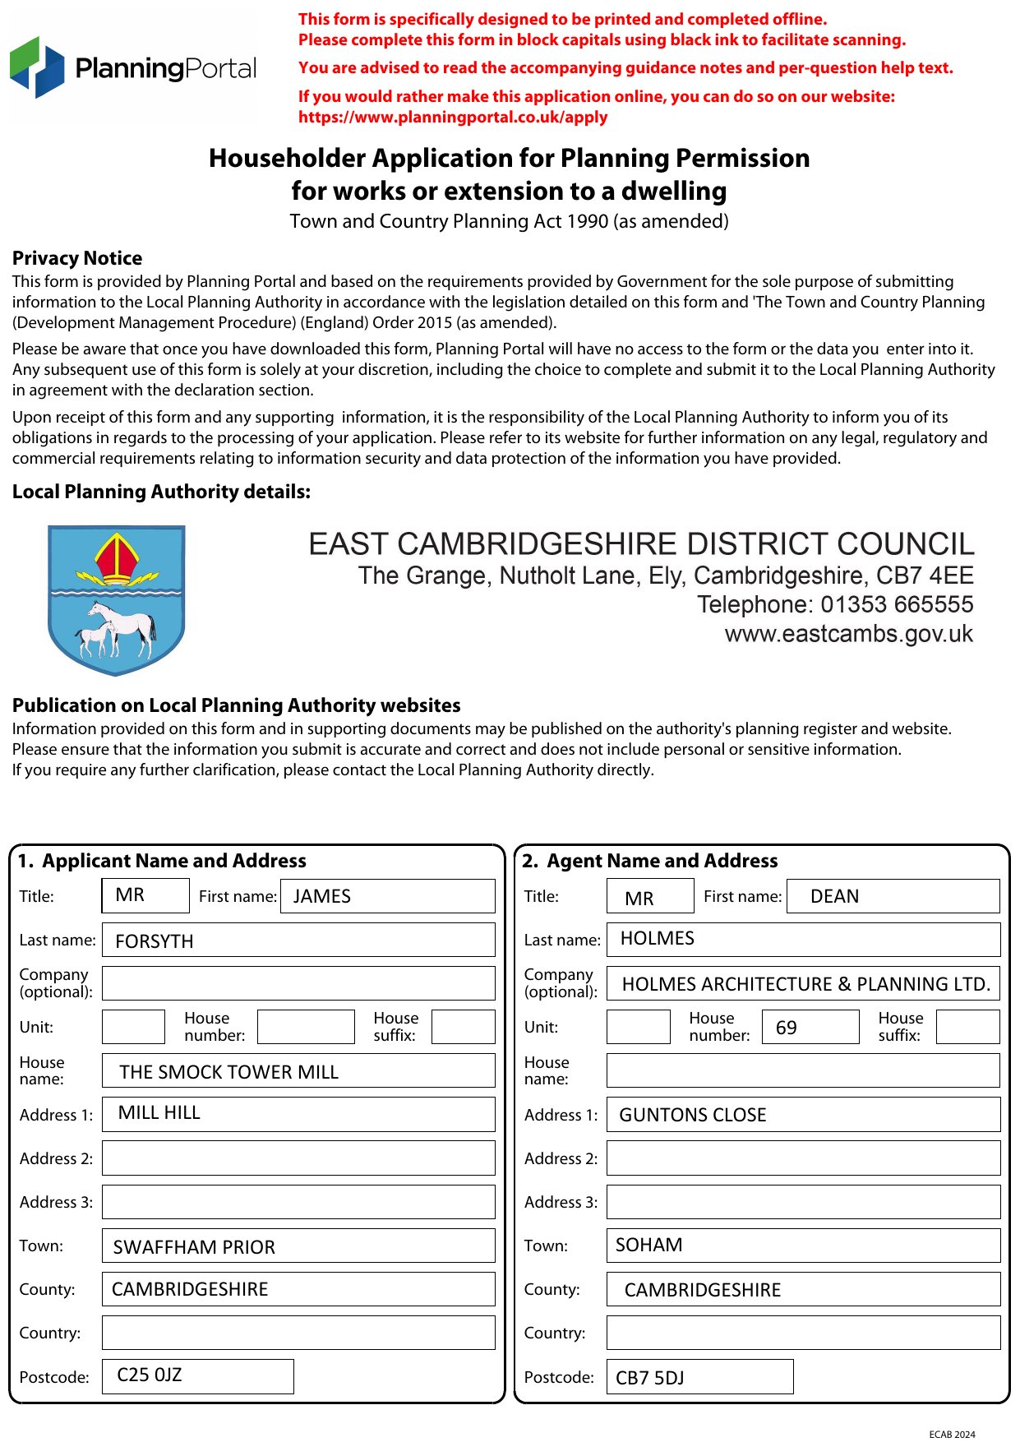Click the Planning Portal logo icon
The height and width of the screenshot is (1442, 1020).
37,67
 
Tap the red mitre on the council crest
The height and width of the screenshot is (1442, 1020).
117,558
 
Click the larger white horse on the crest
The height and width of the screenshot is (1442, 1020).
123,625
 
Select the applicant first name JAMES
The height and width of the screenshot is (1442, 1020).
322,896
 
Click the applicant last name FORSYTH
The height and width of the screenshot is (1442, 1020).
155,941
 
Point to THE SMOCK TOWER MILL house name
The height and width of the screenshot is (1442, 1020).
228,1072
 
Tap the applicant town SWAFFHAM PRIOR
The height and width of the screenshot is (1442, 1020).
194,1247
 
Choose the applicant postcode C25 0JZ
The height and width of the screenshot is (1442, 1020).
150,1375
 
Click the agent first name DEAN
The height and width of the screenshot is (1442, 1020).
834,896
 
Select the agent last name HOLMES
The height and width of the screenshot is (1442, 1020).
657,938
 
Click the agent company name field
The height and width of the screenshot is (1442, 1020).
805,984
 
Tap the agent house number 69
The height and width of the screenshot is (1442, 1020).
787,1028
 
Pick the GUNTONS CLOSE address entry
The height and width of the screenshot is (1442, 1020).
692,1115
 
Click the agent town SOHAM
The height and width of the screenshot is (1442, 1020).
648,1245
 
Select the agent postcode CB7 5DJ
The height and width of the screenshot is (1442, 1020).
649,1378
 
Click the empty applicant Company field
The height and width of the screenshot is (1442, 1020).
298,983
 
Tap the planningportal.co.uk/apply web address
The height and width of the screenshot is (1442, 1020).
453,117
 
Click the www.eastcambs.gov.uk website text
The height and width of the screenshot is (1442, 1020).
848,634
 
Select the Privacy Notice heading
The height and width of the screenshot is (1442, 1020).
77,258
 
